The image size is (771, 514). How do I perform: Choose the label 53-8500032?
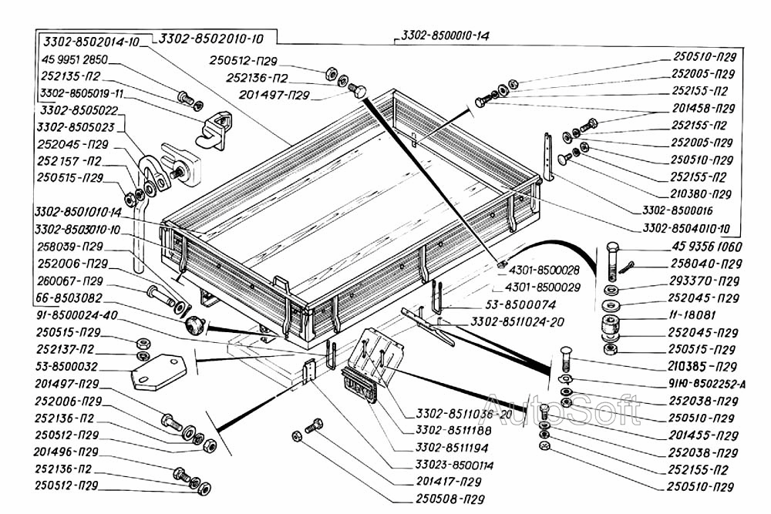click(x=68, y=366)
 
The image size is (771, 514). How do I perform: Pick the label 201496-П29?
click(x=69, y=451)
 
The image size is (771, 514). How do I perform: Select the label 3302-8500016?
click(x=672, y=210)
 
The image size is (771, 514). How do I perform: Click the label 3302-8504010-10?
click(x=685, y=228)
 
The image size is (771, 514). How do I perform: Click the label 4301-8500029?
click(x=548, y=286)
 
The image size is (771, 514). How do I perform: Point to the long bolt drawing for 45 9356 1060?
click(x=612, y=261)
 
